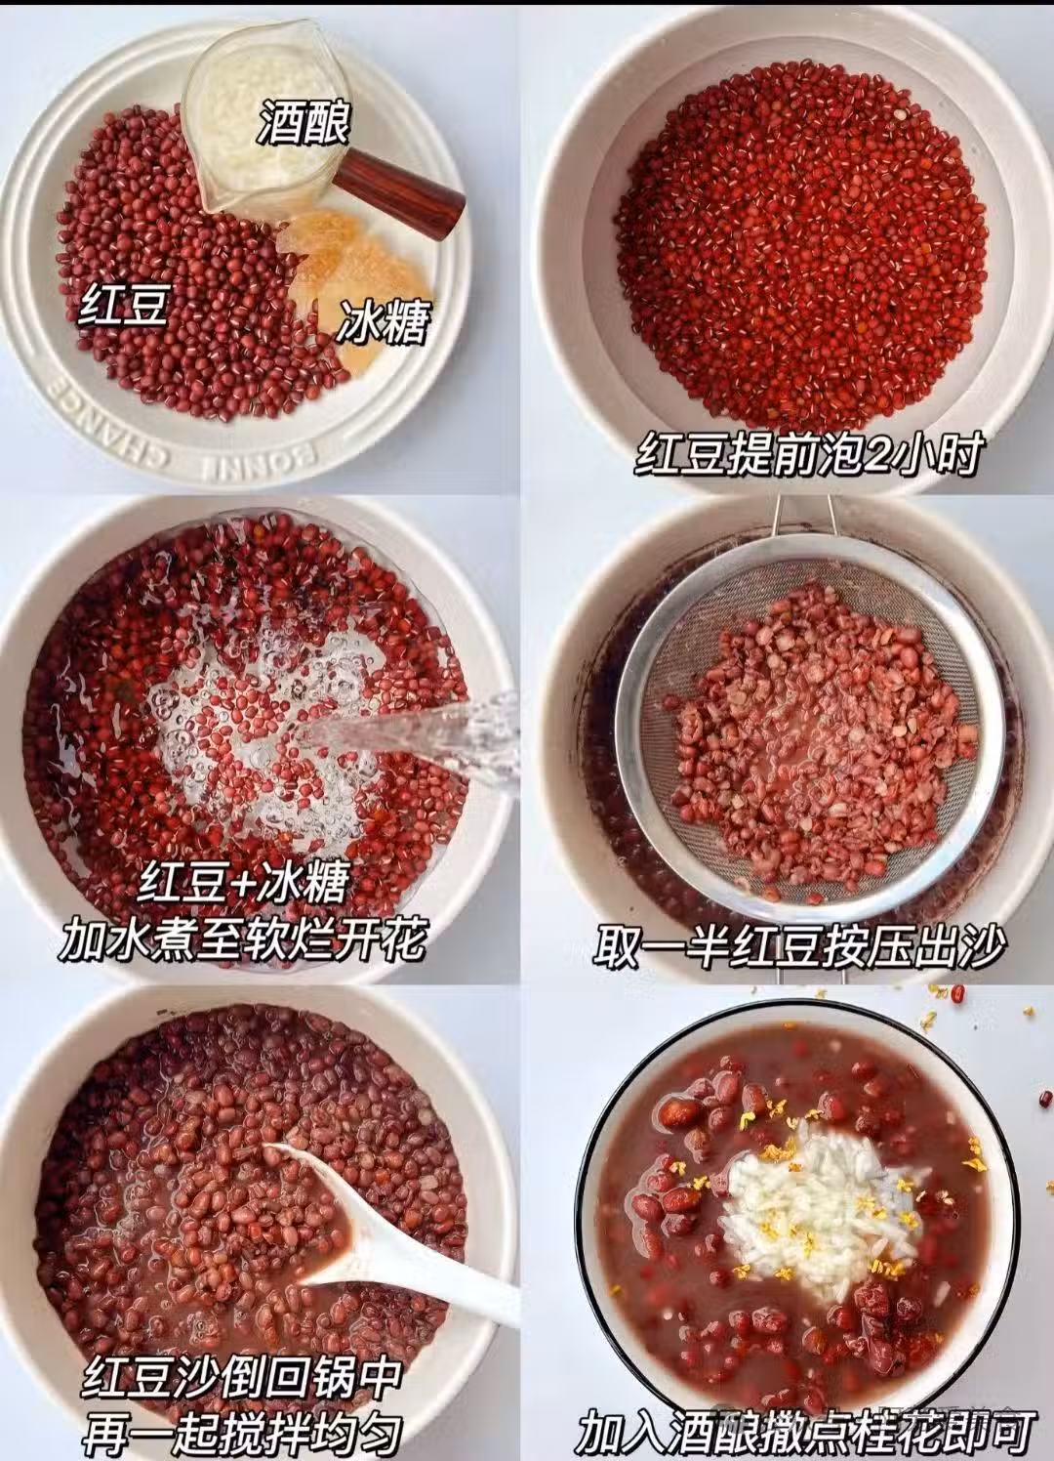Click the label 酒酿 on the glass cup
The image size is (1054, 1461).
click(304, 122)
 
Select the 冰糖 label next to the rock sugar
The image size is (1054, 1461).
click(384, 322)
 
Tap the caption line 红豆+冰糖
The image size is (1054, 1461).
click(242, 883)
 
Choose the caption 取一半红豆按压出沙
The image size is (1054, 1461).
click(800, 945)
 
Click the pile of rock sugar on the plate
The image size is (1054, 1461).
click(352, 280)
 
